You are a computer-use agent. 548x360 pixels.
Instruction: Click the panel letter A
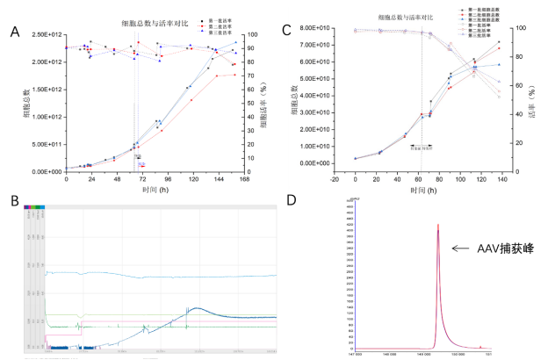pyautogui.click(x=15, y=32)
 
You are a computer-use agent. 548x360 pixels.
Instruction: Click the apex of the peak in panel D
pyautogui.click(x=437, y=225)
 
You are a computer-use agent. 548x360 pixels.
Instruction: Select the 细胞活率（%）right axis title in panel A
pyautogui.click(x=264, y=103)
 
